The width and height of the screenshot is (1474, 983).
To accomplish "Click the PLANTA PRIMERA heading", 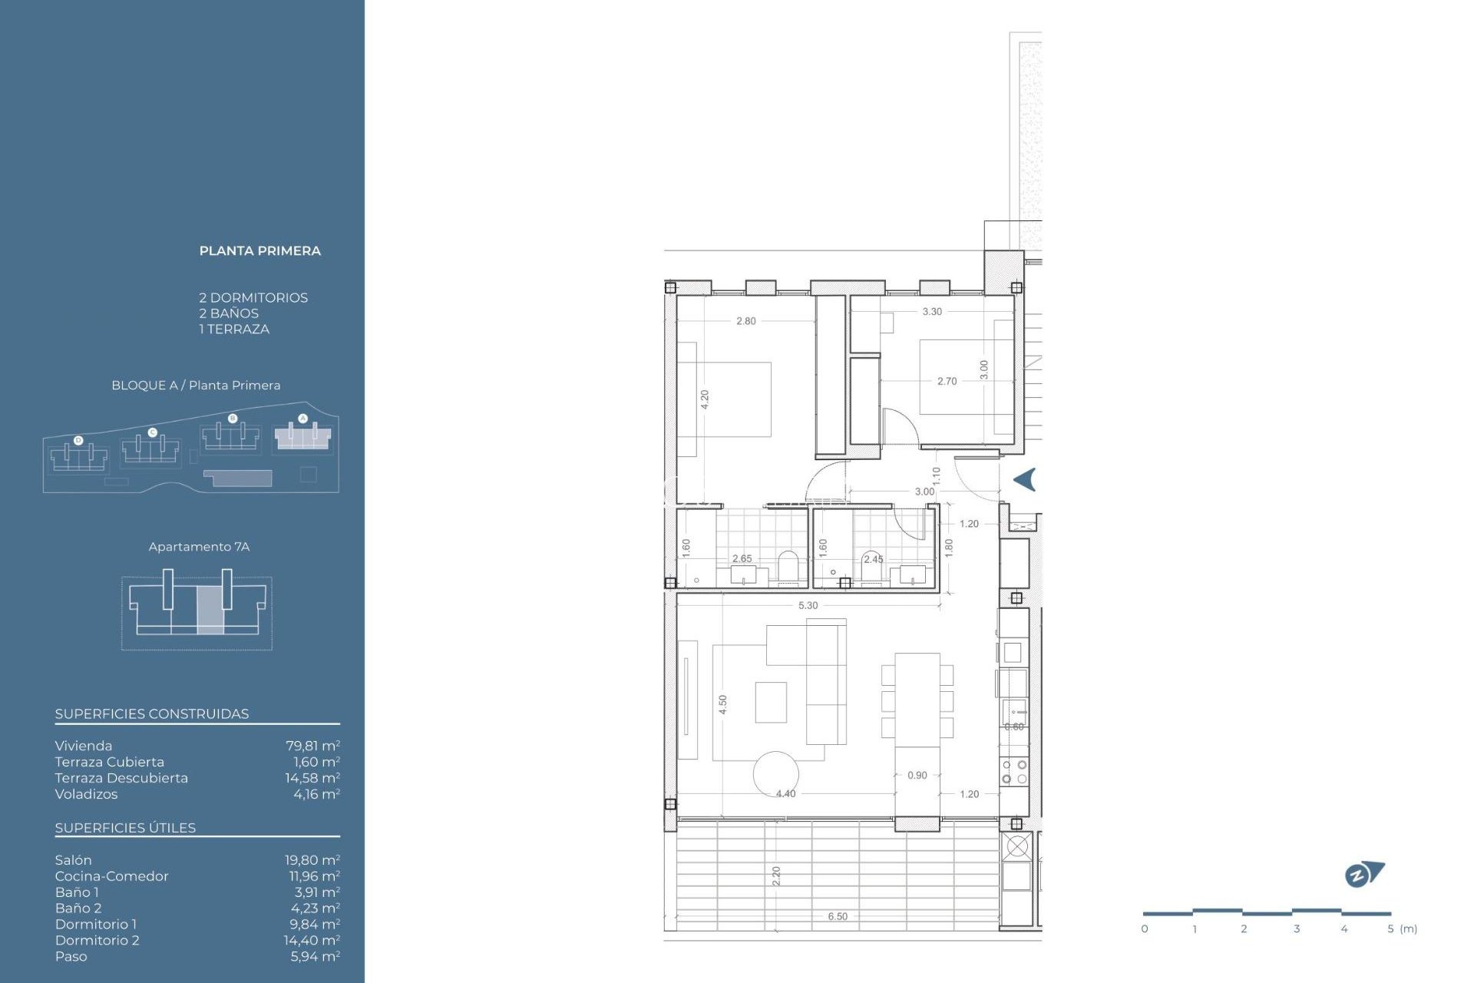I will point(259,251).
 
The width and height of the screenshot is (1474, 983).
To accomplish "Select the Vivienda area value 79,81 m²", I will point(312,746).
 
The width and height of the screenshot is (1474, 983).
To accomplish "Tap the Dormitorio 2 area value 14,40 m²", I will point(312,940).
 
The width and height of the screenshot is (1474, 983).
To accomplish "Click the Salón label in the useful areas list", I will point(73,860).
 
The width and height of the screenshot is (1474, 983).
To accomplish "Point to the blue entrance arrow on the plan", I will point(1025,479).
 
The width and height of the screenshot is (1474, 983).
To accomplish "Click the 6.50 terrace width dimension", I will point(838,916).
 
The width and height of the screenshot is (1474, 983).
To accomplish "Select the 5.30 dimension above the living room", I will point(808,605).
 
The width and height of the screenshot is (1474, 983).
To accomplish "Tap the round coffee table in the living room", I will point(775,773).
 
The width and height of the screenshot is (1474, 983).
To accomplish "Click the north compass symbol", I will point(1363,874).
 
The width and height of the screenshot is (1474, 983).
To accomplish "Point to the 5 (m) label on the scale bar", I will point(1402,928).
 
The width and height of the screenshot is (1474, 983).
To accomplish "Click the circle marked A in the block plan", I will point(302,419).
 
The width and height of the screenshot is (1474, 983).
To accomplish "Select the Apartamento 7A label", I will point(199,547).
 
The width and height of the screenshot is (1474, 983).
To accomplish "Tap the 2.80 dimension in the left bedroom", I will point(745,321).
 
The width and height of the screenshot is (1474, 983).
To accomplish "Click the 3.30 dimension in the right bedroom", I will point(931,312).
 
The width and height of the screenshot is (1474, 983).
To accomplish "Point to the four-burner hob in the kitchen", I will point(1013,772).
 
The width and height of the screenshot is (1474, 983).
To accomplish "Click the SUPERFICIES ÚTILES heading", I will point(125,828).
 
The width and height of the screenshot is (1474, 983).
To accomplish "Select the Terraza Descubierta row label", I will point(121,778).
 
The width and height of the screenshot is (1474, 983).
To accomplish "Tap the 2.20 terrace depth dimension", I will point(776,875).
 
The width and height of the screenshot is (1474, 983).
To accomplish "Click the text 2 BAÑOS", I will point(229,313).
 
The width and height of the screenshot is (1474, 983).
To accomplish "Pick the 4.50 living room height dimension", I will point(722,704).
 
